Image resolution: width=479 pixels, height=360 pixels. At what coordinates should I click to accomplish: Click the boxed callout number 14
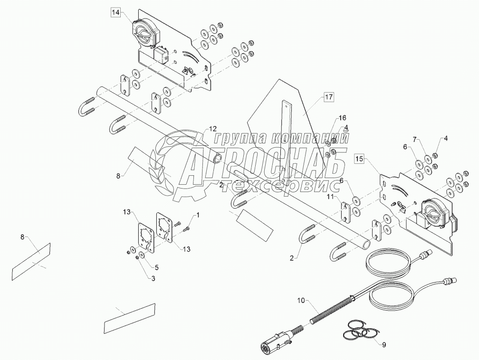coord(116,13)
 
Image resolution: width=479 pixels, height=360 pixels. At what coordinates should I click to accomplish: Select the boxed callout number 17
coord(329,97)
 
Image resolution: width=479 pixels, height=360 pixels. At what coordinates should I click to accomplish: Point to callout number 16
coord(343,117)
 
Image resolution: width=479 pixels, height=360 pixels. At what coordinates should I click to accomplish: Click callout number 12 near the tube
coord(212,129)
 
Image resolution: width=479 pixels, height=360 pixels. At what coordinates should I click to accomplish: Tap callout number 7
coord(414,140)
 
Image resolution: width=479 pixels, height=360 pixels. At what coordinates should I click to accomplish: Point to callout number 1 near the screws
coord(198,215)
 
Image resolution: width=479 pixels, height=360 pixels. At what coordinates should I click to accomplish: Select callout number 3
coord(153,278)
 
